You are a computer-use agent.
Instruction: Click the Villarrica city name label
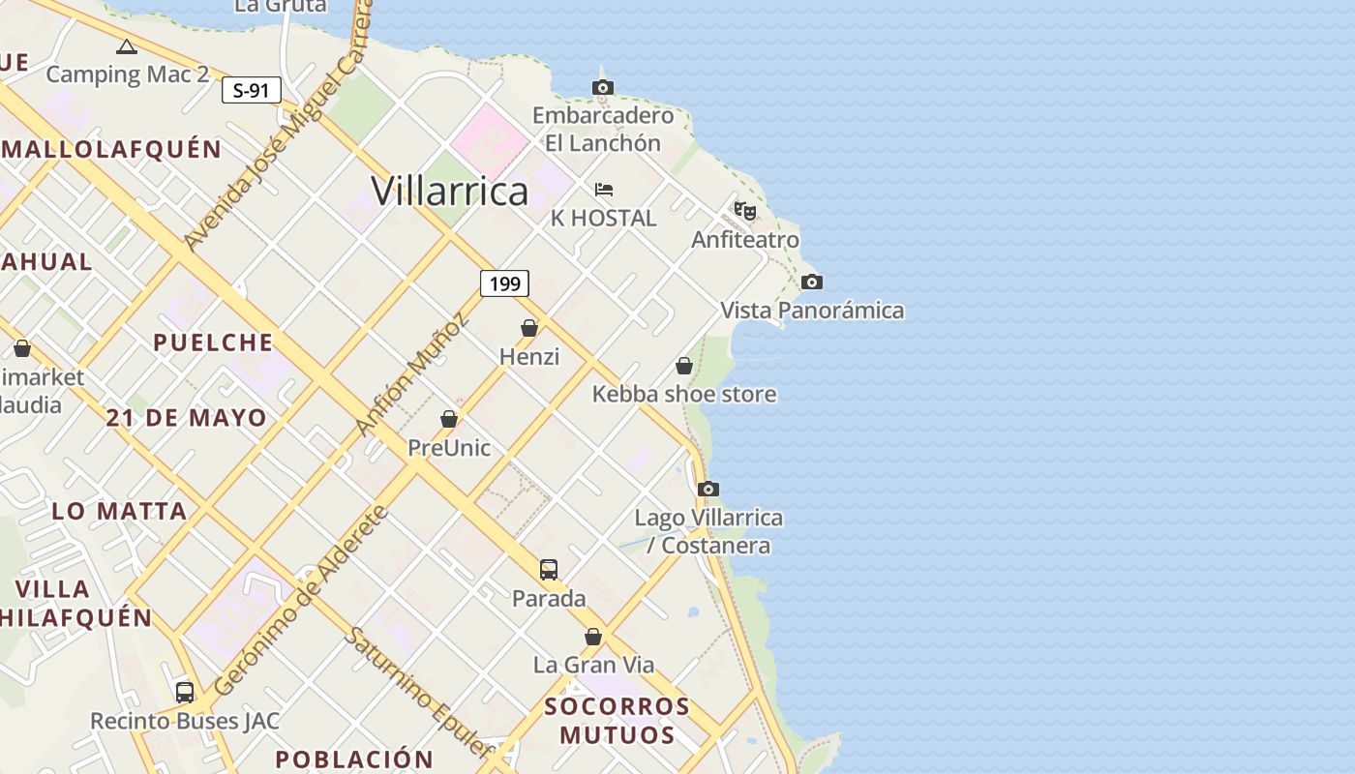click(450, 191)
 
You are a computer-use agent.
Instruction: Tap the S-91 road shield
click(251, 91)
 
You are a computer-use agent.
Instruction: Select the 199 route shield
click(504, 283)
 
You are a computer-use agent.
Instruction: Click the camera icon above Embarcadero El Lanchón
click(603, 88)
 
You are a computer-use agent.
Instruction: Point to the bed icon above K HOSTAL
click(604, 190)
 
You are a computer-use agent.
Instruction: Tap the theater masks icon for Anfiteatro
click(744, 211)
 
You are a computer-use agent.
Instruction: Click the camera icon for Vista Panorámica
click(812, 283)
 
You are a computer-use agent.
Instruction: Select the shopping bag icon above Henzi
click(529, 329)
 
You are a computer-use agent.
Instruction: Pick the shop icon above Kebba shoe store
click(684, 366)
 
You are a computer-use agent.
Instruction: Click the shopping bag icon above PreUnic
click(449, 419)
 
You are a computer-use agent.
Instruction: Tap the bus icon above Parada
click(549, 570)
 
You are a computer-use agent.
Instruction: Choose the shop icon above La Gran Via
click(593, 637)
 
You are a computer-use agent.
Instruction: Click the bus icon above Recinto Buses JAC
click(185, 693)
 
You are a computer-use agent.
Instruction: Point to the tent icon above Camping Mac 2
click(127, 46)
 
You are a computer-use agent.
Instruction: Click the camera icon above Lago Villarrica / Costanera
click(708, 490)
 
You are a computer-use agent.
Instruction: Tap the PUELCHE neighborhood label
click(213, 342)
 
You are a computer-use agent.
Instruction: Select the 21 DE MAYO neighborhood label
click(187, 418)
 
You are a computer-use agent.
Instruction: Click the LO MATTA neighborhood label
click(119, 511)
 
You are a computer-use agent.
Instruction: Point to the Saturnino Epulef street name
click(420, 693)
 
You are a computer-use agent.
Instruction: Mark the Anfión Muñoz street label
click(411, 375)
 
